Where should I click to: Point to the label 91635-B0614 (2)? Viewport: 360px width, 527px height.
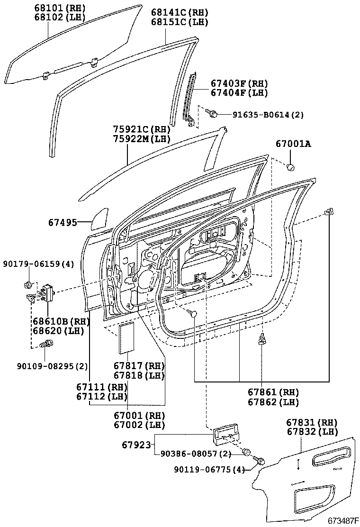tap(268, 114)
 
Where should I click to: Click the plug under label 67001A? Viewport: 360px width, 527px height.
tap(291, 166)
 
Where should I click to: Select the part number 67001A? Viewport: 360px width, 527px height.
tap(293, 144)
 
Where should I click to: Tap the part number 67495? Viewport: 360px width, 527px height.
tap(63, 222)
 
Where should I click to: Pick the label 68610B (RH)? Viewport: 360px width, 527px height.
tap(56, 321)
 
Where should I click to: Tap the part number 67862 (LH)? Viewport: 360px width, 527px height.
tap(273, 402)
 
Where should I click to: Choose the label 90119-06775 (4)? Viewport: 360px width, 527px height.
tap(205, 470)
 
